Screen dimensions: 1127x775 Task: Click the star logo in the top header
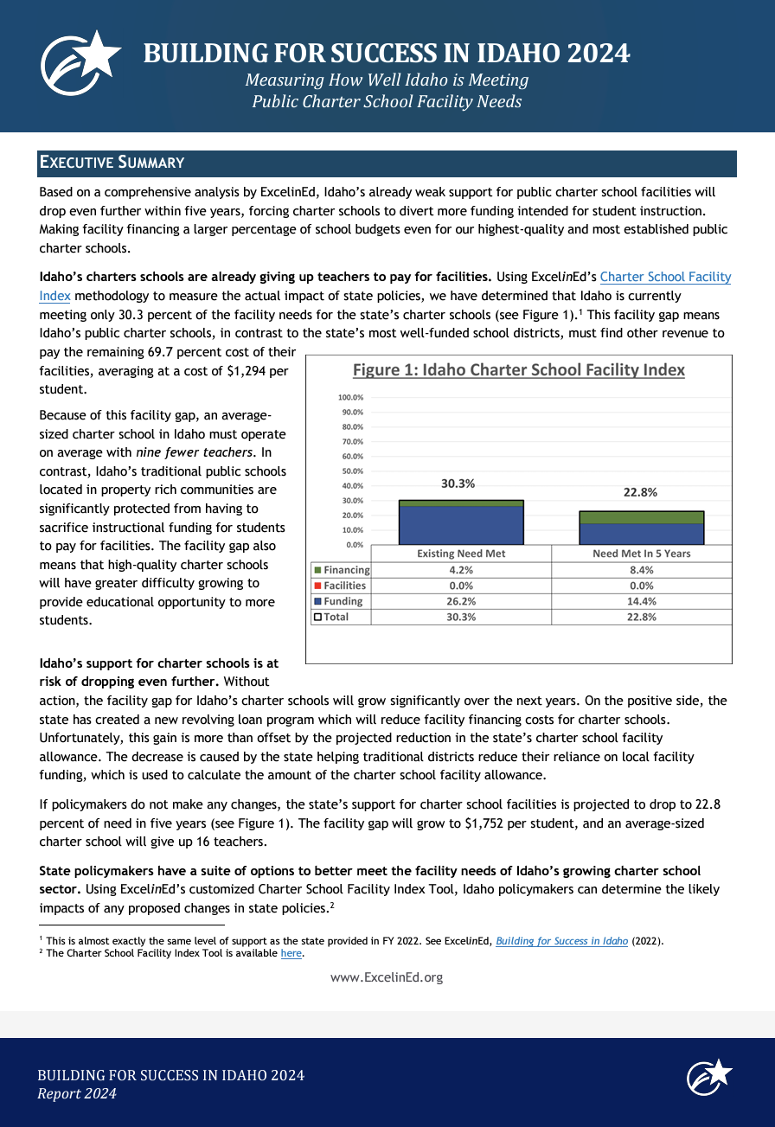(x=81, y=65)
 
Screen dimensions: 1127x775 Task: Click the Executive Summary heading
(x=112, y=163)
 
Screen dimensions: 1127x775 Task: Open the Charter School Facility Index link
(x=665, y=277)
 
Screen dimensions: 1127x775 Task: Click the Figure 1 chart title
(x=518, y=370)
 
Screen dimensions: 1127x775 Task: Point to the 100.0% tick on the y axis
(x=350, y=397)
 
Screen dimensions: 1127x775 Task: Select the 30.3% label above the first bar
(x=458, y=483)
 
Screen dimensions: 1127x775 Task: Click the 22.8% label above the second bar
(x=640, y=492)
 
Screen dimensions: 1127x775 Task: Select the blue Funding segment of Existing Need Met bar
(x=461, y=525)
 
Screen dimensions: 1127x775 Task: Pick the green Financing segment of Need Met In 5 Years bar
(x=641, y=517)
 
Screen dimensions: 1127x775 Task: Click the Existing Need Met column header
(x=461, y=554)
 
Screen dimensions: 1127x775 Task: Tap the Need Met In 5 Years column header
(x=641, y=554)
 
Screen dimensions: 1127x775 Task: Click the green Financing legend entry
(x=342, y=570)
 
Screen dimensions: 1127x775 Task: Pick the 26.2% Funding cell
(x=461, y=601)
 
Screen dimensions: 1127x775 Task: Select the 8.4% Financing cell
(x=641, y=570)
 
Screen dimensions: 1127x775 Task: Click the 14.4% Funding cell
(x=641, y=601)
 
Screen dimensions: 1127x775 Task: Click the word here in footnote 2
(x=291, y=953)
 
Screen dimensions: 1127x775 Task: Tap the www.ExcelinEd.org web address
(x=387, y=977)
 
